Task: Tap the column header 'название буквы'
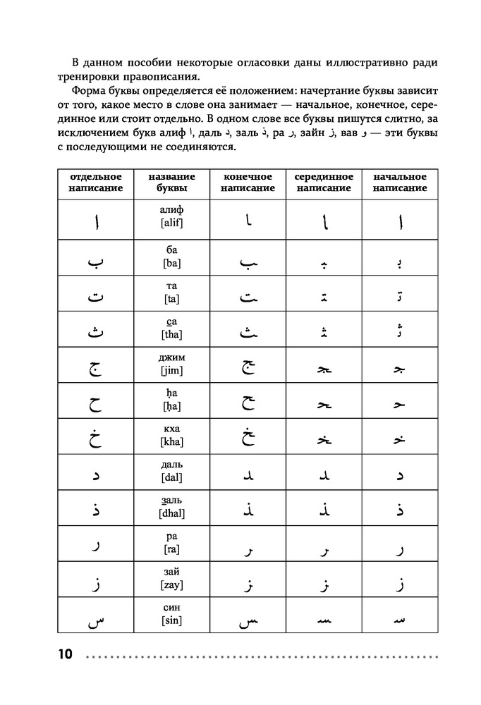tap(172, 183)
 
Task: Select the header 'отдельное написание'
tap(95, 183)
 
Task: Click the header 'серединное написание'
tap(323, 183)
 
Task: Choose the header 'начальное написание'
tap(399, 183)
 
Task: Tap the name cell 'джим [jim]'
tap(172, 364)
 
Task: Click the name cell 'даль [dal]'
tap(172, 472)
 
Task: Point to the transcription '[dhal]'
tap(172, 514)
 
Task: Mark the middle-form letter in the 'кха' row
tap(323, 439)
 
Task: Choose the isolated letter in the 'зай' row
tap(95, 584)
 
